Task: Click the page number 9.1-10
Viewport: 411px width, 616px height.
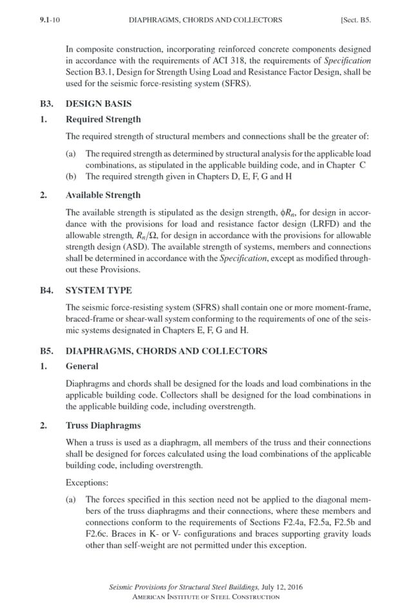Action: pyautogui.click(x=50, y=20)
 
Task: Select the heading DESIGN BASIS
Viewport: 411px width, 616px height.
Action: pyautogui.click(x=99, y=103)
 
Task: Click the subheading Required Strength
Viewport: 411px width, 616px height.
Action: pyautogui.click(x=103, y=119)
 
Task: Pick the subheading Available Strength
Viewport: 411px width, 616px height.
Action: pyautogui.click(x=103, y=194)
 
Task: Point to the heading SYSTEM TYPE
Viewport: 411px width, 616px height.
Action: pyautogui.click(x=99, y=290)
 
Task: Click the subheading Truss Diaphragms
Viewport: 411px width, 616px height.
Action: pyautogui.click(x=103, y=425)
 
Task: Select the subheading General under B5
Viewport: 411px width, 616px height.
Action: pyautogui.click(x=82, y=366)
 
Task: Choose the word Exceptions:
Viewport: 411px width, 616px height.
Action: pyautogui.click(x=88, y=481)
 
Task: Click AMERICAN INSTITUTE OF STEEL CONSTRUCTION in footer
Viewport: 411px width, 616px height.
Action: pyautogui.click(x=205, y=597)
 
